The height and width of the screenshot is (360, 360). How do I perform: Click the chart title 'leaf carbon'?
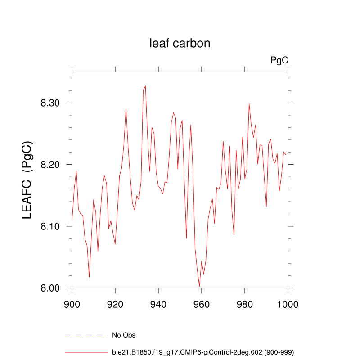180,43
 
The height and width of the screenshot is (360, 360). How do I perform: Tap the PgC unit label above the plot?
279,60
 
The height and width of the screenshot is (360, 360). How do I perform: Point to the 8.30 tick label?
50,103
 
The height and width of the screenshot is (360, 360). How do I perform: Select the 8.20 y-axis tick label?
50,165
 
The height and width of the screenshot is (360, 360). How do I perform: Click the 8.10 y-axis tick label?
50,226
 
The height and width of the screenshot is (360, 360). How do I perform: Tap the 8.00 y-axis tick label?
50,288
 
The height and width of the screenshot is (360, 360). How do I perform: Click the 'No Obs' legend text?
124,335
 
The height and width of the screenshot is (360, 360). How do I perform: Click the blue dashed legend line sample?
86,335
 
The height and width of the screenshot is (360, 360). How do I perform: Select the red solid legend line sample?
86,352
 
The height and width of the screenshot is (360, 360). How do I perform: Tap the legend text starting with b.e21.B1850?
203,352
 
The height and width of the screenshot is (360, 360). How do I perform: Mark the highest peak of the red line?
145,86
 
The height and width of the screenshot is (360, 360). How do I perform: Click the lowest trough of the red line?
199,286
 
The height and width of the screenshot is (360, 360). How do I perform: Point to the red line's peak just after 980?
249,103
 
